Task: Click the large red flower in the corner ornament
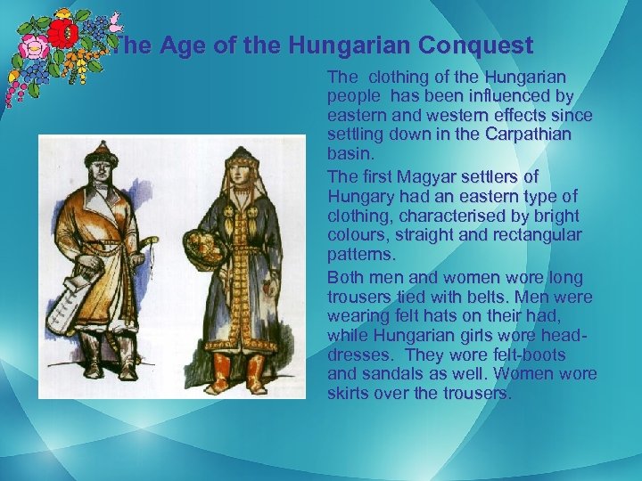(x=62, y=35)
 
